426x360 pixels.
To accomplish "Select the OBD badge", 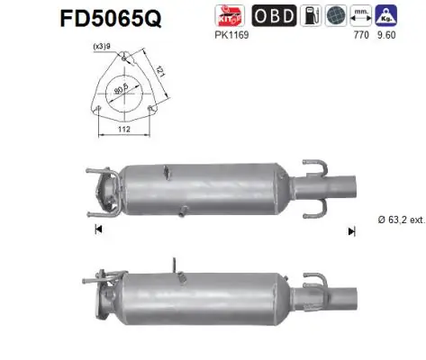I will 270,16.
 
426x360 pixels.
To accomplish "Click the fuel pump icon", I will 309,16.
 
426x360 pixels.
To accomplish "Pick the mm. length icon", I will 365,16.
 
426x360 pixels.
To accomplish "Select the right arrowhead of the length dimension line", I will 352,231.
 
